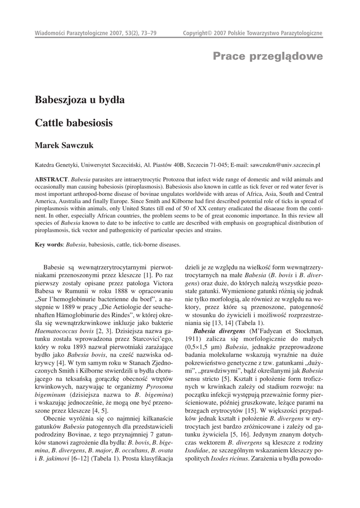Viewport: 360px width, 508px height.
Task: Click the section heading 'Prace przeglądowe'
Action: (268, 56)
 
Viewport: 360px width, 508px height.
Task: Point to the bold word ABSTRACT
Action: (51, 179)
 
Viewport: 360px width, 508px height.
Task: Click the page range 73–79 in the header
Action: (148, 33)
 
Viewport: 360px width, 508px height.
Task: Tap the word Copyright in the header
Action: (195, 33)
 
